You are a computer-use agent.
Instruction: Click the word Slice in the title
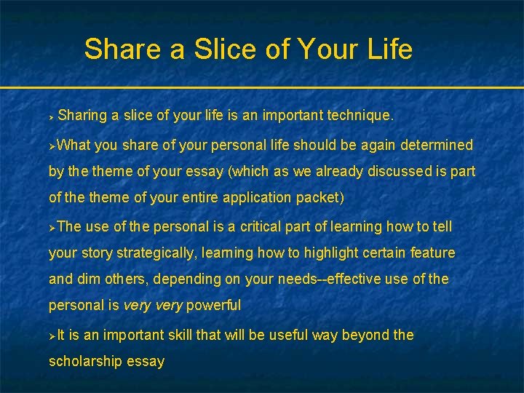point(219,49)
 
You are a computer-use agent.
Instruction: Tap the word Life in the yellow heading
point(389,49)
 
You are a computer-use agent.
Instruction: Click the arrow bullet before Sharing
point(52,116)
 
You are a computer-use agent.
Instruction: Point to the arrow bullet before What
point(52,146)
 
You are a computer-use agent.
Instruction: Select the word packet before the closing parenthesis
point(321,197)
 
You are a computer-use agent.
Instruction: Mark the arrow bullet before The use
point(52,227)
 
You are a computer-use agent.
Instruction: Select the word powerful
point(213,305)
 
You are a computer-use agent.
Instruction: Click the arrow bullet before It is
point(52,336)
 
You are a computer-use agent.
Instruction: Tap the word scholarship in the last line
point(87,361)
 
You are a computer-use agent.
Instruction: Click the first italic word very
point(137,305)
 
